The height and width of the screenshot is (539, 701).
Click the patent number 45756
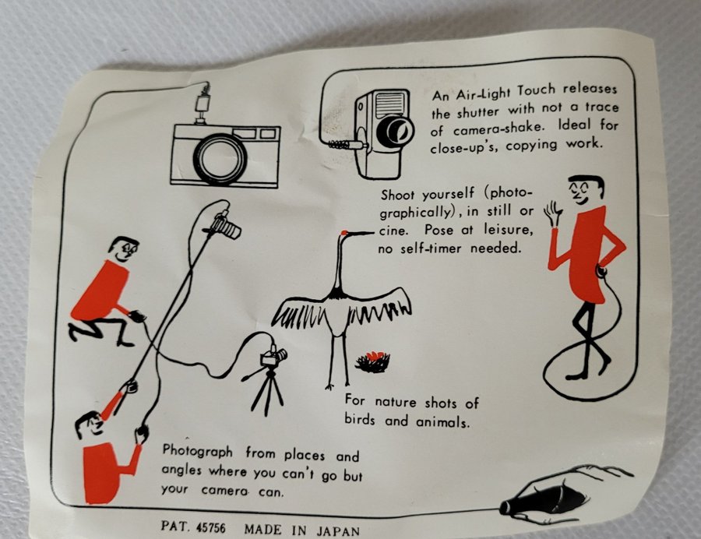pos(211,528)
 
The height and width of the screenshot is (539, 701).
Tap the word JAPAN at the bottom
pos(339,531)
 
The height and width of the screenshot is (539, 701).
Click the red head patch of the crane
pos(345,232)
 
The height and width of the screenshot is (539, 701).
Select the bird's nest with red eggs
pos(373,362)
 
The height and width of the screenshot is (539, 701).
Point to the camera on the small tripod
pos(273,357)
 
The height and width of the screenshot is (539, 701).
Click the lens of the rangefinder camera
pos(220,159)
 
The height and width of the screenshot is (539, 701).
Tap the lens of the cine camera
pos(395,131)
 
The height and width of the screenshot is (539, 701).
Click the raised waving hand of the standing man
pos(553,213)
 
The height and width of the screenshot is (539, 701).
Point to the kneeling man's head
pos(123,249)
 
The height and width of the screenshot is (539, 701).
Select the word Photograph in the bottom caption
pos(198,452)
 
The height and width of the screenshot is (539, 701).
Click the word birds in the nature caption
pos(359,420)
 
